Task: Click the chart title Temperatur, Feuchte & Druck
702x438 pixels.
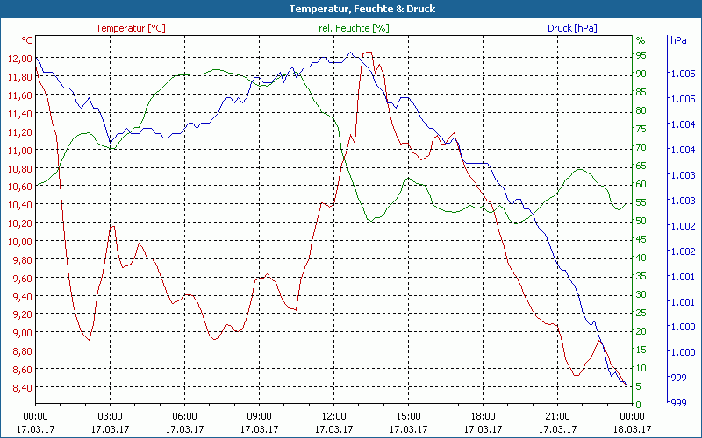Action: coord(351,9)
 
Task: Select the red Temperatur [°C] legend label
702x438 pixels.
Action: coord(130,28)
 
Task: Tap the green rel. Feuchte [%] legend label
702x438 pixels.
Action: coord(353,28)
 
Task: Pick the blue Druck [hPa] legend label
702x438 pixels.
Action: coord(572,28)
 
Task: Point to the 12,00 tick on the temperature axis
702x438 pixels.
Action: coord(18,59)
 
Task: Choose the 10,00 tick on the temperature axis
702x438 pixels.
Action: coord(18,242)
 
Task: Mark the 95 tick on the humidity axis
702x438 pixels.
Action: coord(641,55)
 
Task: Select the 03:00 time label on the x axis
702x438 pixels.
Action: coord(110,416)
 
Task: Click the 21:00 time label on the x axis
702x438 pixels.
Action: coord(557,416)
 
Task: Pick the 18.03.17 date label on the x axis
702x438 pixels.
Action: coord(632,429)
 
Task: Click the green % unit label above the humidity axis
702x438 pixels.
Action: coord(641,40)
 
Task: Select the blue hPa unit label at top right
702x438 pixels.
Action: coord(678,40)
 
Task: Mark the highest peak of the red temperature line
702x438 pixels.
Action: coord(366,53)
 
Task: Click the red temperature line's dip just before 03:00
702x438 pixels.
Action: coord(89,340)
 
